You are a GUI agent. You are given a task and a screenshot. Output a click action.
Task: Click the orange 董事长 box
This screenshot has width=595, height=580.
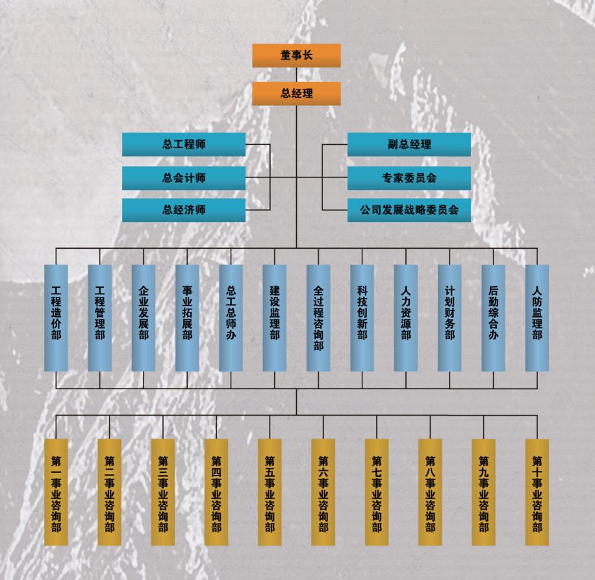(296, 55)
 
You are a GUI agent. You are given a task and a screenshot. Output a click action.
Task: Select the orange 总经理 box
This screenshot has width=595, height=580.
(296, 94)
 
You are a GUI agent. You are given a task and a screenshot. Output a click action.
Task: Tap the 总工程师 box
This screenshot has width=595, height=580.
(184, 144)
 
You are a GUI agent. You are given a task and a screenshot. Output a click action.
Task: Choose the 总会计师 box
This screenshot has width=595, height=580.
(184, 178)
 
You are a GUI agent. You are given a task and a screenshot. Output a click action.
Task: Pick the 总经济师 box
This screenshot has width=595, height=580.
(184, 210)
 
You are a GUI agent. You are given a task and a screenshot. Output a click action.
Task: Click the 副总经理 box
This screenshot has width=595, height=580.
(409, 144)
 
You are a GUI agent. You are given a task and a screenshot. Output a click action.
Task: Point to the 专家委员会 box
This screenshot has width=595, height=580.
(409, 178)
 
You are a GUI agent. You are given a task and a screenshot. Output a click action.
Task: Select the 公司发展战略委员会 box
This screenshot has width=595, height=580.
(409, 210)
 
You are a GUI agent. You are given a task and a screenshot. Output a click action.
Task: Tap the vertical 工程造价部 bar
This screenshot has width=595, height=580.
(56, 318)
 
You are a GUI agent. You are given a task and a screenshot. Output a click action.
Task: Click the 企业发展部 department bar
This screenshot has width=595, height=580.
(144, 318)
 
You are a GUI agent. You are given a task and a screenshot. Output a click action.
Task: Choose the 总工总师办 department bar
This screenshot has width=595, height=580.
(231, 318)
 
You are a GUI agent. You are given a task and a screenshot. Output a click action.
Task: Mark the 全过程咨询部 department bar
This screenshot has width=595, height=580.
(318, 318)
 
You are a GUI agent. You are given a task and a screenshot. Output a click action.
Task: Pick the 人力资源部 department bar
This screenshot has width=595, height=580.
(406, 318)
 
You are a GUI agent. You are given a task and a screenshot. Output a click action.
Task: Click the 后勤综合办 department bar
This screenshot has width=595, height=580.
(493, 318)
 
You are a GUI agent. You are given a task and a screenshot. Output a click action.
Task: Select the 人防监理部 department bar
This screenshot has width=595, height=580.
(537, 318)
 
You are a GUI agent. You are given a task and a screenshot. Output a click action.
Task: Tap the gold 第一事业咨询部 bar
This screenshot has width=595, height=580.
(56, 492)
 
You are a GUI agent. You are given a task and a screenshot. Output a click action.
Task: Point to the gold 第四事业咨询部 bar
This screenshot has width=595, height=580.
(216, 492)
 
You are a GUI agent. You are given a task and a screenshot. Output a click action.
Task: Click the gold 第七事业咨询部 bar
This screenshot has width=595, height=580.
(377, 492)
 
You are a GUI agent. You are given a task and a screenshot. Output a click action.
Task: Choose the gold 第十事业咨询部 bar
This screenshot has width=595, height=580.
(537, 492)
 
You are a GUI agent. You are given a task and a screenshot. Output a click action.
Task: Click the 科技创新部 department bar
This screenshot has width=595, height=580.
(362, 318)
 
